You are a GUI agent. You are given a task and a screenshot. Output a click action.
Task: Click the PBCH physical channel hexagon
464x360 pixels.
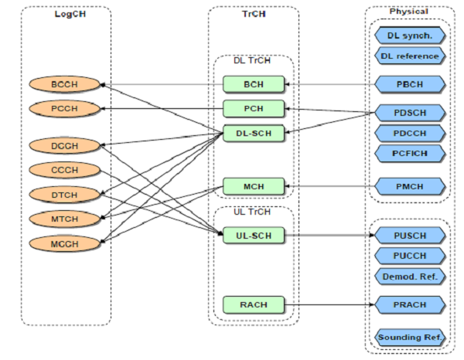tap(410, 83)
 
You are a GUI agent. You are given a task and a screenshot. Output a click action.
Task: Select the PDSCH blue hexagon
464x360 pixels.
tap(410, 113)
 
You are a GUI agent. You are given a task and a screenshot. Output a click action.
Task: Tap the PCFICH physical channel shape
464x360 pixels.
tap(410, 153)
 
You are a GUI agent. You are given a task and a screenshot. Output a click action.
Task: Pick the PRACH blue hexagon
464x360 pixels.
tap(410, 305)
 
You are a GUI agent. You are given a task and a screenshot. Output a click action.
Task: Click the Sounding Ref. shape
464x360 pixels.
tap(410, 338)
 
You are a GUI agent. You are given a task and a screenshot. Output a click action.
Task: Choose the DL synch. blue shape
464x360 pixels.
tap(410, 36)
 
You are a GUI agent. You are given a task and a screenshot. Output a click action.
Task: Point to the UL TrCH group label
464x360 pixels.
tap(251, 212)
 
